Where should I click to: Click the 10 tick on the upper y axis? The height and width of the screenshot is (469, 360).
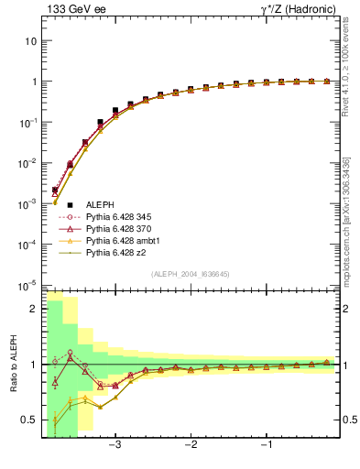point(31,41)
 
